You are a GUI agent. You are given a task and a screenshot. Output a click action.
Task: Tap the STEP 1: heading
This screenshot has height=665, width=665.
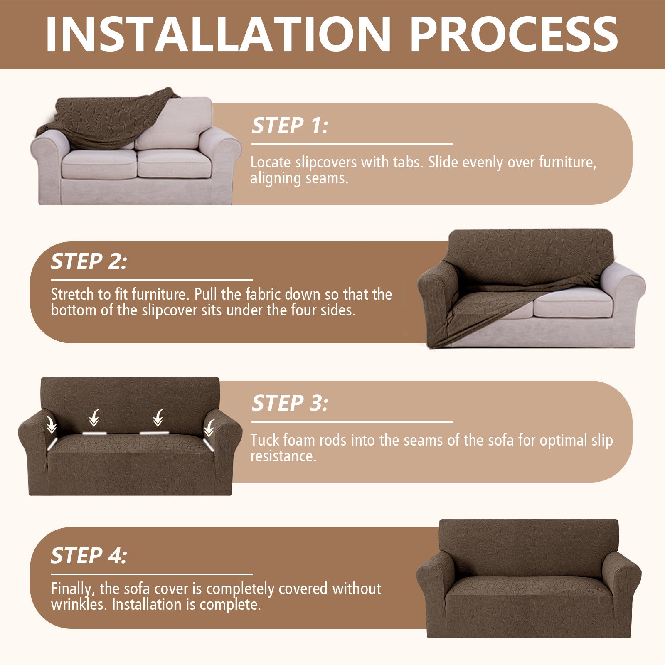coord(290,126)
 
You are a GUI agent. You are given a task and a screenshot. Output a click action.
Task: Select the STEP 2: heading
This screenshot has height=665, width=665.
coord(89,261)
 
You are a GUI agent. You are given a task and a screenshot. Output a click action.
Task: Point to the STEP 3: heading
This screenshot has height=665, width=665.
coord(290,403)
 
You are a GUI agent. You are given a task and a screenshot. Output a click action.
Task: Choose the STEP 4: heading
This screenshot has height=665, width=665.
coord(89,556)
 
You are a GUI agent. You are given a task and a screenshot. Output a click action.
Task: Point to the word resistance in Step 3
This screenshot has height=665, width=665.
coord(283,456)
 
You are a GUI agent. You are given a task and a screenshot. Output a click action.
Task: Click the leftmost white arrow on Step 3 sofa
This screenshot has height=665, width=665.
coord(52,425)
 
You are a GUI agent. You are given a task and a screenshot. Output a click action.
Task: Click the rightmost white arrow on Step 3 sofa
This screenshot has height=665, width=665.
coord(209,427)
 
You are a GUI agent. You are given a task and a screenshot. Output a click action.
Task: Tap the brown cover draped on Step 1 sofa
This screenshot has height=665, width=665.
coord(104,121)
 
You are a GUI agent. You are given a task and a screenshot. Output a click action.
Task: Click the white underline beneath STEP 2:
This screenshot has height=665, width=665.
coord(152,281)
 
